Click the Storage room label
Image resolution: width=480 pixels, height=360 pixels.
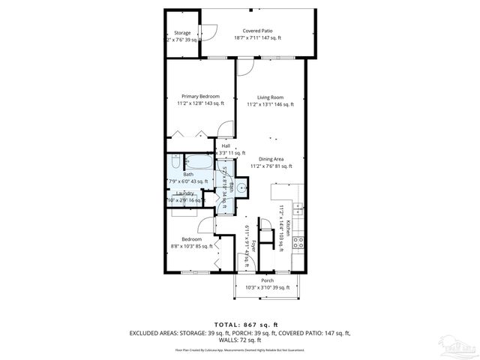(x=182, y=33)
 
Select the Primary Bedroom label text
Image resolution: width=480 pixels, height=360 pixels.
(x=200, y=96)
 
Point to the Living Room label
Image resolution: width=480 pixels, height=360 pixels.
(x=270, y=97)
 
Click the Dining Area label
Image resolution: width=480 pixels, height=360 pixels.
(x=271, y=159)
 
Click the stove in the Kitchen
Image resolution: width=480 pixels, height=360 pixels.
(x=297, y=242)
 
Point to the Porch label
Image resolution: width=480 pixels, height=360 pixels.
(x=267, y=281)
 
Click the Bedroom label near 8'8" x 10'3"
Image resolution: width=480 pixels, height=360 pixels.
(x=191, y=239)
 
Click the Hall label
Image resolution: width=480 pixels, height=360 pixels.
(x=225, y=145)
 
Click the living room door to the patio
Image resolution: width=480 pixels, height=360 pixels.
(x=246, y=66)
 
